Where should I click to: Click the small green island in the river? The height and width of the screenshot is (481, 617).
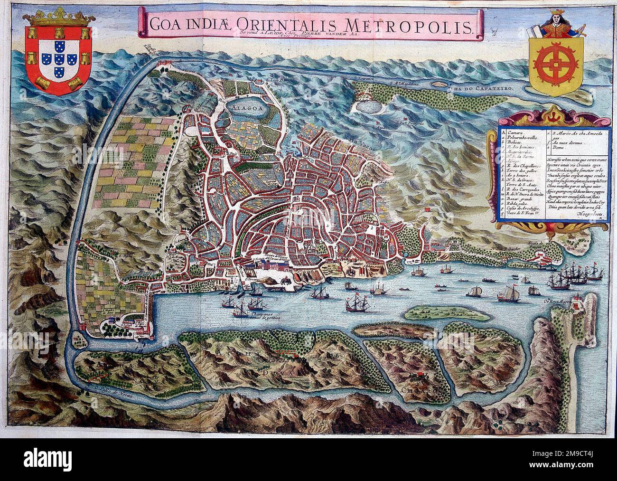(x=434, y=313)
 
